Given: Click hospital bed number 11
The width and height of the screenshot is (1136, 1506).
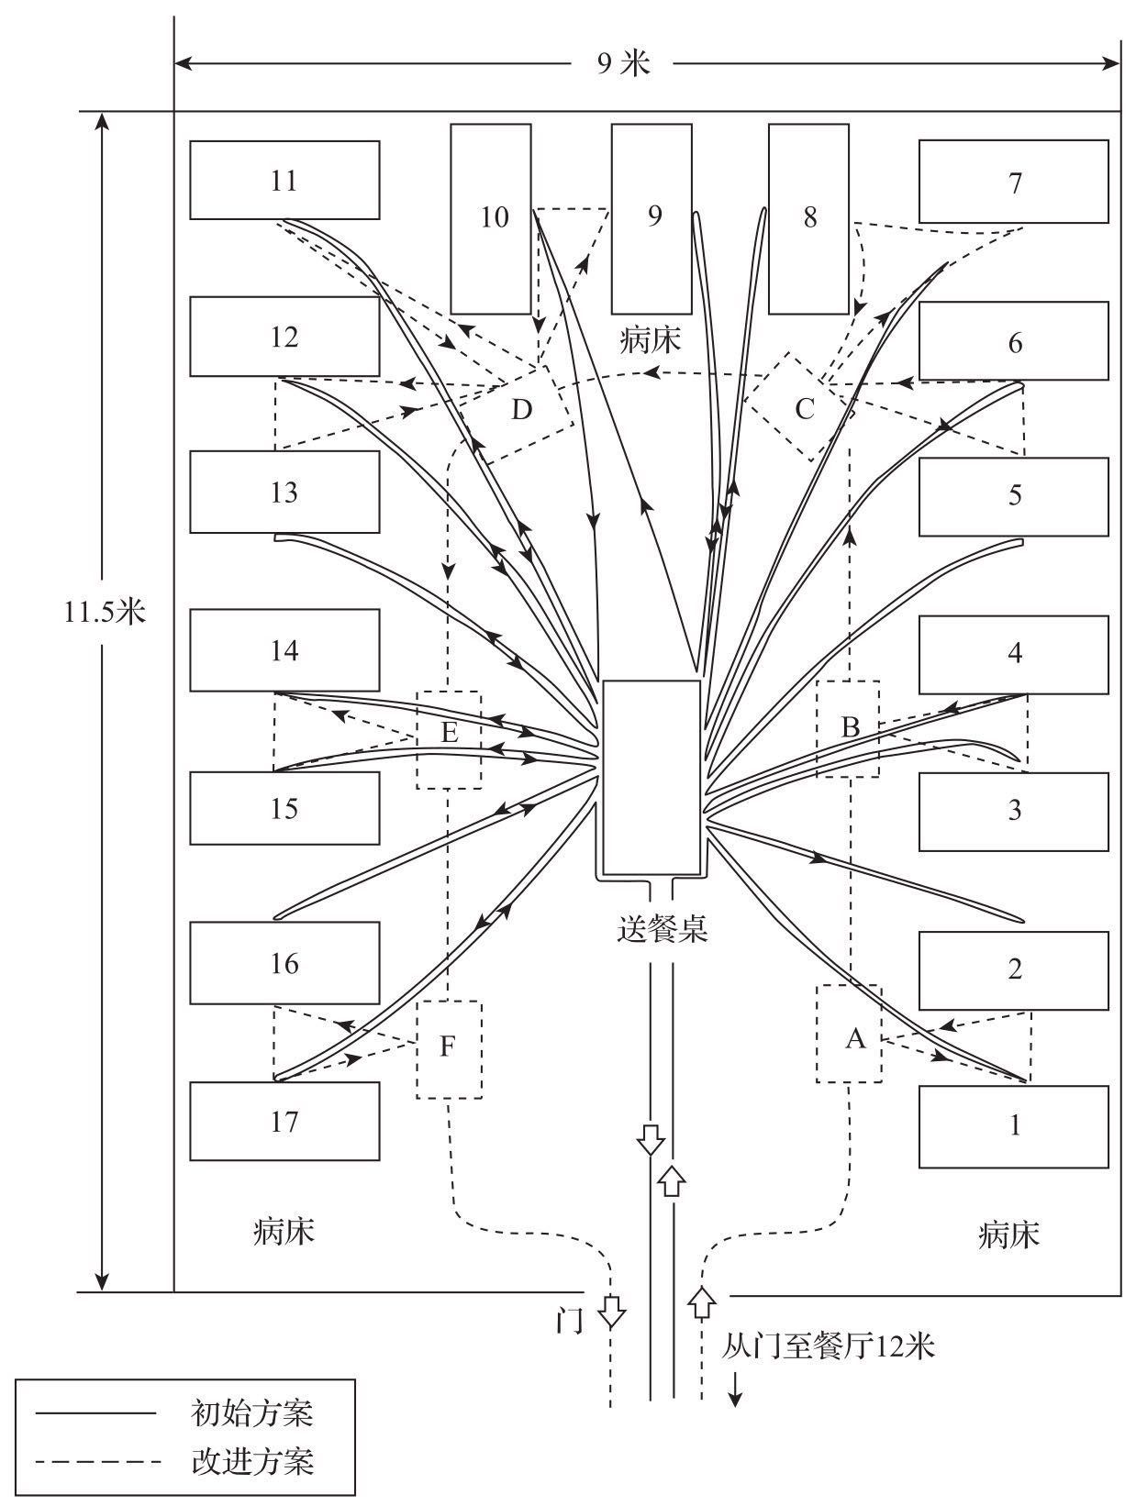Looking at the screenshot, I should coord(284,180).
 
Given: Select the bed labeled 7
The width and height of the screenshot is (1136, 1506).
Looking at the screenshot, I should coord(1013,182).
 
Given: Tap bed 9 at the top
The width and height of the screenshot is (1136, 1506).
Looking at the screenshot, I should coord(652,218).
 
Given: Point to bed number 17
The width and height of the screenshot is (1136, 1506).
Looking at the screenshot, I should coord(284,1121).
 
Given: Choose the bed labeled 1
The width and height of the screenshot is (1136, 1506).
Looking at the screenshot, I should coord(1013,1125).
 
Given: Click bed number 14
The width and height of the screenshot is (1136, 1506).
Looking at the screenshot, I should coord(284,649).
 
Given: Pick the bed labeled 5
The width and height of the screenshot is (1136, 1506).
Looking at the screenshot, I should coord(1013,495).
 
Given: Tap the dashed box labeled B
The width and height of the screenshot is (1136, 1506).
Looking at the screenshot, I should coord(848,728).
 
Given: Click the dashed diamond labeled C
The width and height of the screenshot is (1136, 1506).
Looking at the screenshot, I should coord(803,408).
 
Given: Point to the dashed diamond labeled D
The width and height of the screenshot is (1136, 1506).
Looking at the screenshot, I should coord(522,408).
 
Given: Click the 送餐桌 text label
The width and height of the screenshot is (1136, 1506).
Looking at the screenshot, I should coord(662,929).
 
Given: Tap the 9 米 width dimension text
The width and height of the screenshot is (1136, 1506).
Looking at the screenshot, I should coord(623,63).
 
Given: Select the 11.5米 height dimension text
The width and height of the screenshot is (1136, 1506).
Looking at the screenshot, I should coord(105,611).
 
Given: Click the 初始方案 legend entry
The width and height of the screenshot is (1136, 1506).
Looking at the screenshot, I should coord(252,1412).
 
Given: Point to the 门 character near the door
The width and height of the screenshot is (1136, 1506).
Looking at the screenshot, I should coord(570,1321).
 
